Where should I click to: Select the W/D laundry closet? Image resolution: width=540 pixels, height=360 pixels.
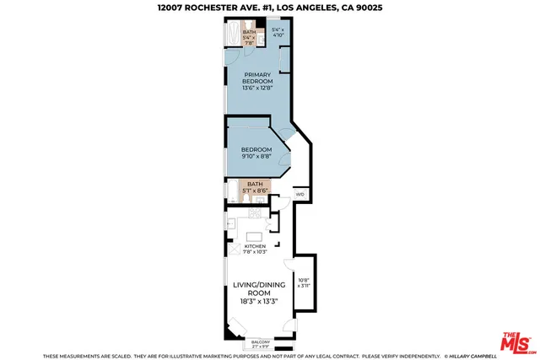[x=300, y=194]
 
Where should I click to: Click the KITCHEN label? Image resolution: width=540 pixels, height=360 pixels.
[x=254, y=246]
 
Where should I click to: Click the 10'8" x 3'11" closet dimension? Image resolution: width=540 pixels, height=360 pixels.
[x=304, y=283]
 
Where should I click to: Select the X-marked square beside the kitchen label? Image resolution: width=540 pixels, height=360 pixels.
[x=233, y=250]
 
